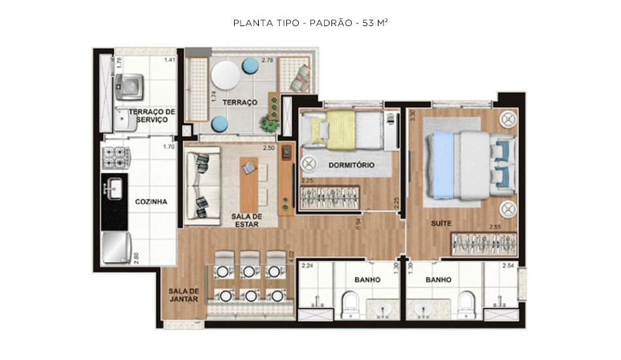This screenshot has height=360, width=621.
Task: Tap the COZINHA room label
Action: click(x=151, y=202)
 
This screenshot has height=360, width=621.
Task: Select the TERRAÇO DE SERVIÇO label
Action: click(x=152, y=116)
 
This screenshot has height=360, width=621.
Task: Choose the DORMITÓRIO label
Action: click(x=352, y=165)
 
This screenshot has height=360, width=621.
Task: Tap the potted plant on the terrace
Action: click(x=269, y=122)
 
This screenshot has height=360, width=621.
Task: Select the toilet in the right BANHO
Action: click(x=465, y=304)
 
